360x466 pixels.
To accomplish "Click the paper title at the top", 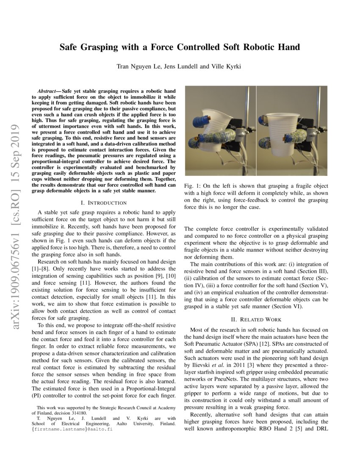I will point(180,47).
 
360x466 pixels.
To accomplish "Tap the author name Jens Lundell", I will point(180,67).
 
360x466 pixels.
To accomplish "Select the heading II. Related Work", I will point(256,319).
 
